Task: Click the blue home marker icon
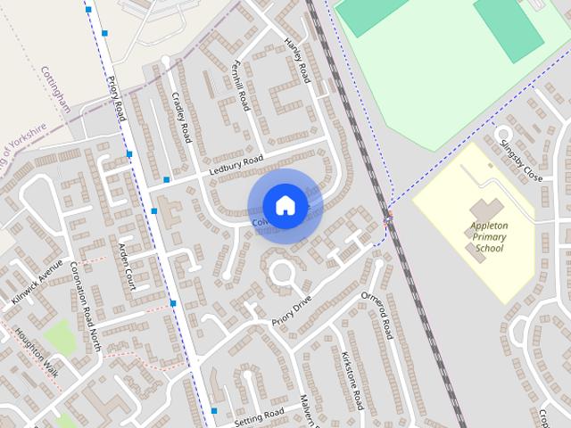[x=285, y=205]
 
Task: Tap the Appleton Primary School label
[x=488, y=237]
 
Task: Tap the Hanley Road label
[x=296, y=61]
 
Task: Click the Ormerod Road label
[x=376, y=314]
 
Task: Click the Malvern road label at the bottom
[x=308, y=410]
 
